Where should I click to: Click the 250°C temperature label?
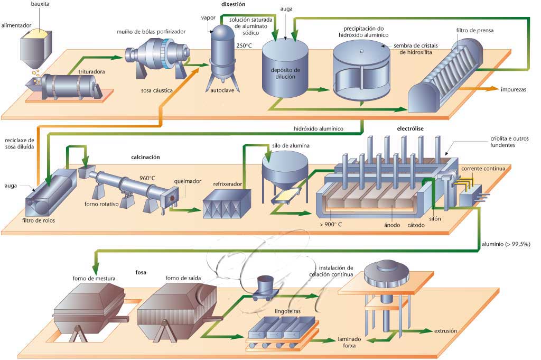243,45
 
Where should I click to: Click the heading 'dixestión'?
233,4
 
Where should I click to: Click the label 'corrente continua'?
483,169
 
